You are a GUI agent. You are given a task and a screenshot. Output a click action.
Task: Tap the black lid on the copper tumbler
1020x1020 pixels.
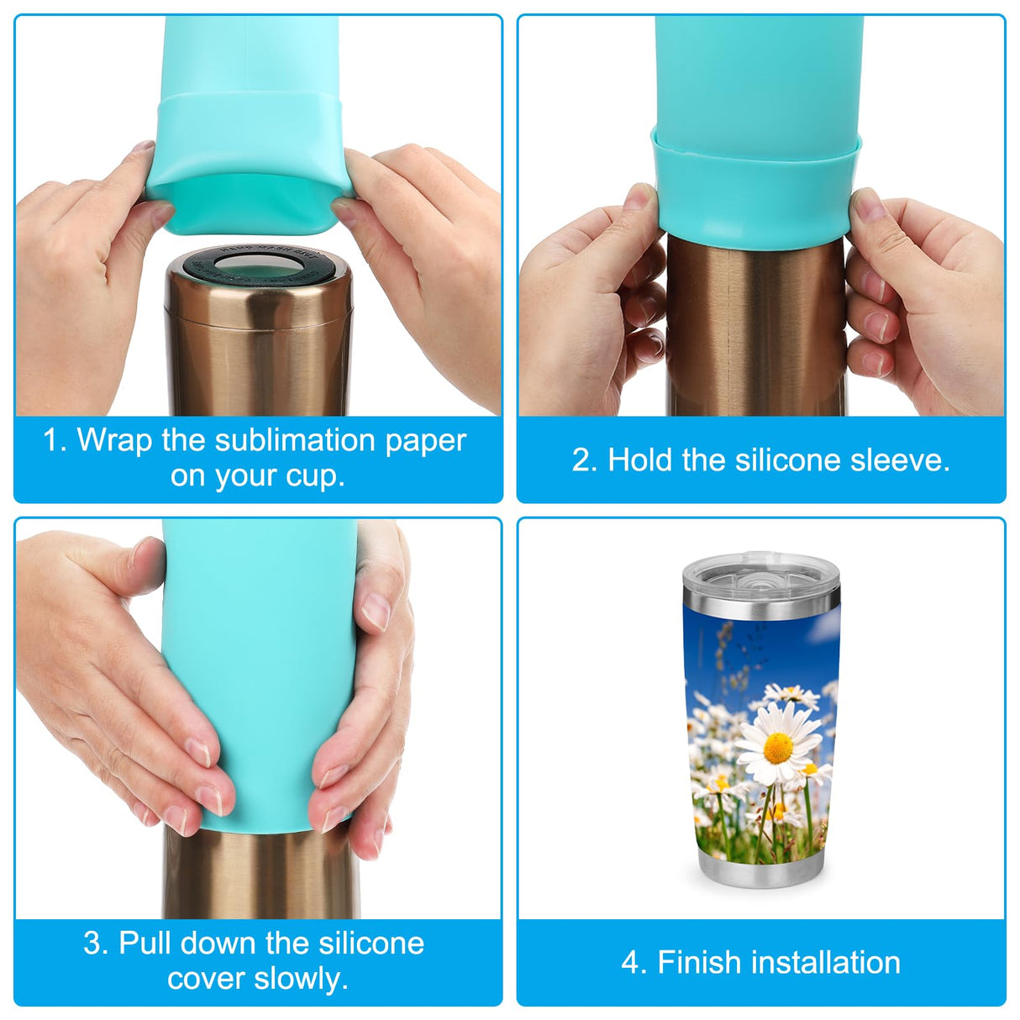[259, 266]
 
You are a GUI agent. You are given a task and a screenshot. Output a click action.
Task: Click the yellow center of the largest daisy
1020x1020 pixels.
[778, 748]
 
